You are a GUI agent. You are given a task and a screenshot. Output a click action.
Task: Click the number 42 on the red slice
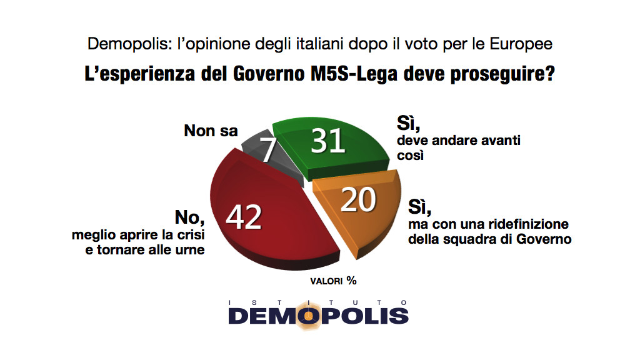[x=244, y=216]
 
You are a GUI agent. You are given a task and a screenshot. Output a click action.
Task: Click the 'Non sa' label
[x=211, y=131]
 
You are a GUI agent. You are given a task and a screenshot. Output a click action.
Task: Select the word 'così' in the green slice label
[x=411, y=156]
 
